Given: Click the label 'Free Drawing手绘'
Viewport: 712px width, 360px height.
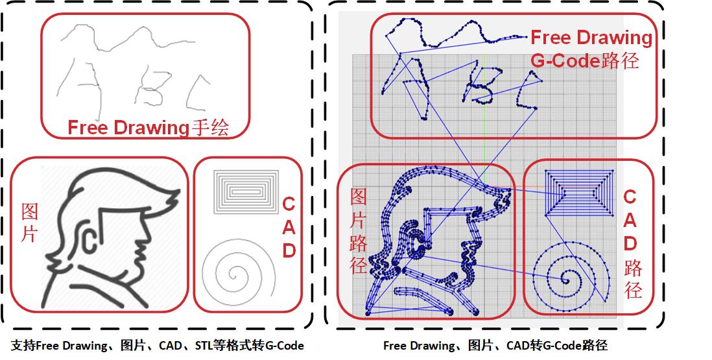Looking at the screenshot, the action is tap(148, 128).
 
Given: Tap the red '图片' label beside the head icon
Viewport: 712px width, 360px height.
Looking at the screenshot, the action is tap(30, 222).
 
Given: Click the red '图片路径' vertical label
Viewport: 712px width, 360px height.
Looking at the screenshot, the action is tap(359, 231).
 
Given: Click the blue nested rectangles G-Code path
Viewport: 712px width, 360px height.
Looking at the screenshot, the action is tap(579, 192).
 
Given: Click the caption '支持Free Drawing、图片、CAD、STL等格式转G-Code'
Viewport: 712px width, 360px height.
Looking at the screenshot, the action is tap(157, 346).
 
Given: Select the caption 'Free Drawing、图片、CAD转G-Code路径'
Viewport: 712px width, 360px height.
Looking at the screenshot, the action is tap(495, 346).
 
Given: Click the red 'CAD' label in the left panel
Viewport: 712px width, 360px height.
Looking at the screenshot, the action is tap(289, 228).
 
